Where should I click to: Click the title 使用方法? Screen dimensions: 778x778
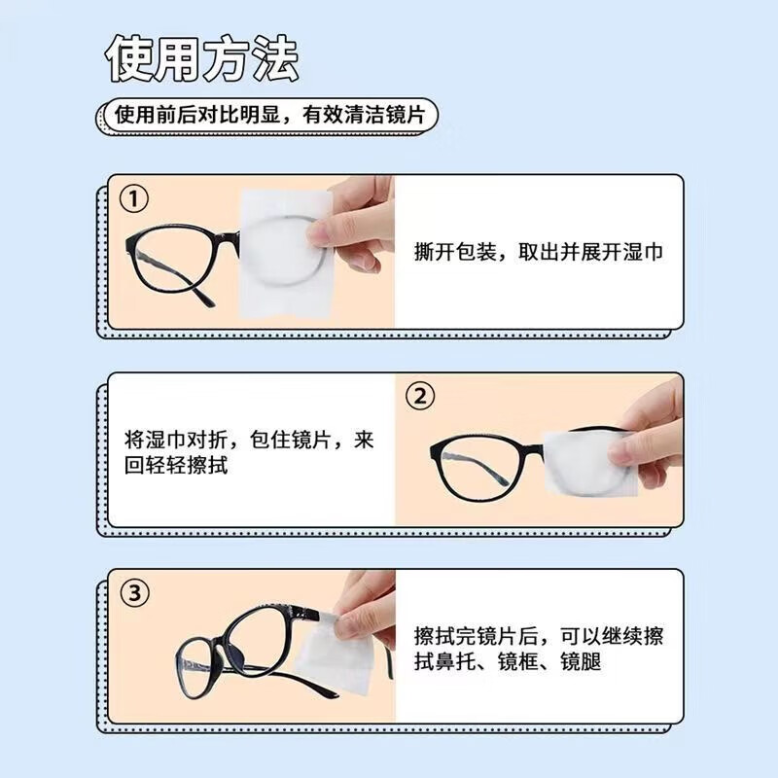(201, 60)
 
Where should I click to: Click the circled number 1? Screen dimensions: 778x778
(133, 199)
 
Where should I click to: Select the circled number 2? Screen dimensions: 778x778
(419, 397)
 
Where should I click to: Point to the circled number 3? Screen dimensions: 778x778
(133, 592)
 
